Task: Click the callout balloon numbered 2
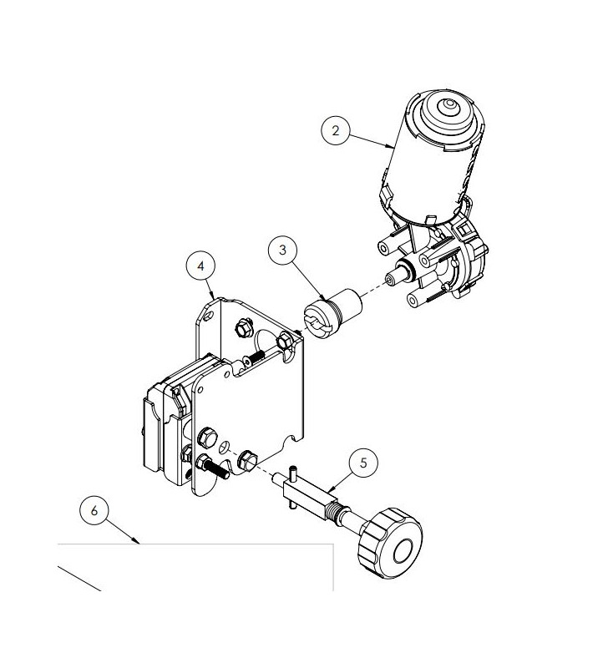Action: (x=336, y=131)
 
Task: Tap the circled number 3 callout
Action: (x=284, y=250)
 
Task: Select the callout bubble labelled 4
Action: (x=200, y=266)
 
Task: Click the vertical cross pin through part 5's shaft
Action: (x=294, y=485)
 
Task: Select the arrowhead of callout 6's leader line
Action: (x=139, y=543)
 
